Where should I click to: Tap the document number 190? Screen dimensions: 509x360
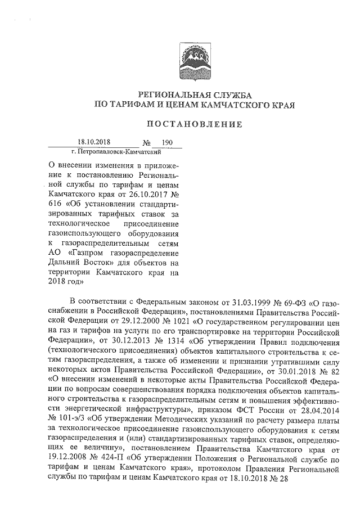pyautogui.click(x=166, y=143)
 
